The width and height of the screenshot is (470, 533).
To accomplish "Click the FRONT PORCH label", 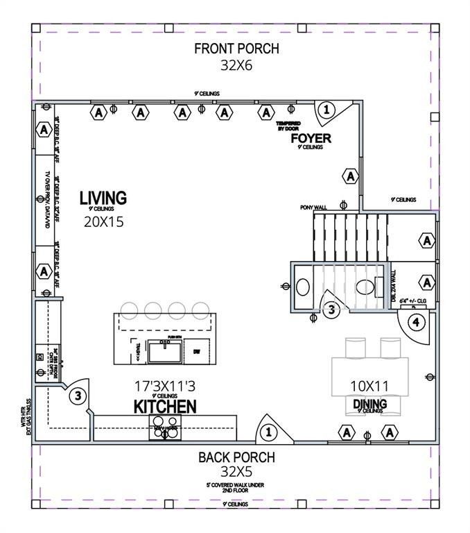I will (x=236, y=49).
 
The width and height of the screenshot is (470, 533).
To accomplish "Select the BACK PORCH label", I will (x=236, y=457).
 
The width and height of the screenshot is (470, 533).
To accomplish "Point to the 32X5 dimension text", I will (x=236, y=473).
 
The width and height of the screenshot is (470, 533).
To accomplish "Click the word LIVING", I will (x=103, y=198).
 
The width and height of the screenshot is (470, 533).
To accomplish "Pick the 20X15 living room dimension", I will (x=103, y=222).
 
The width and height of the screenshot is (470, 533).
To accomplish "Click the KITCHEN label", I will (x=165, y=406).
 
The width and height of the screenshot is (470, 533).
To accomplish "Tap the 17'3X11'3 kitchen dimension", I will (x=165, y=384).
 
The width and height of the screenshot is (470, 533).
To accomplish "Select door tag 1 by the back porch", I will (x=268, y=432).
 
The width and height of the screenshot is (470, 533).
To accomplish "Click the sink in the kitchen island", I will (x=166, y=352).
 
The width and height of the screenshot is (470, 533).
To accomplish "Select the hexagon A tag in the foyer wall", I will (x=351, y=176).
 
